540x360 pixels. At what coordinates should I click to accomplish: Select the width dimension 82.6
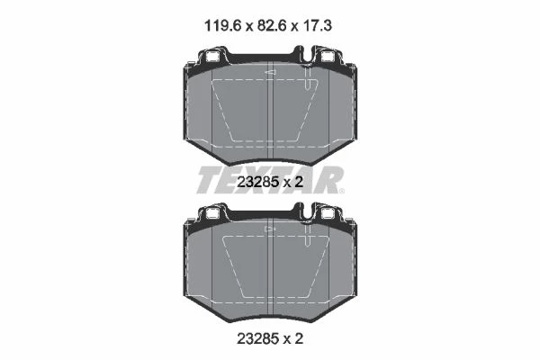[272, 26]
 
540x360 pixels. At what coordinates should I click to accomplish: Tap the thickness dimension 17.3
[318, 26]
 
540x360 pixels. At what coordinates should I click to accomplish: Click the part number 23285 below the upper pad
[258, 182]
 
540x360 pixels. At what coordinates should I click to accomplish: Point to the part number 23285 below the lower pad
[258, 338]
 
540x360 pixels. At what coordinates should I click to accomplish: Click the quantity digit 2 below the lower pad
[299, 338]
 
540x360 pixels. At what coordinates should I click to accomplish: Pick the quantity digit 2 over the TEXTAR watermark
[299, 182]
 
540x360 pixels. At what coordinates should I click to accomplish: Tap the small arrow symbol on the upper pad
[270, 72]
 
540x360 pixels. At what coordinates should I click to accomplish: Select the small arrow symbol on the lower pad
[270, 229]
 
